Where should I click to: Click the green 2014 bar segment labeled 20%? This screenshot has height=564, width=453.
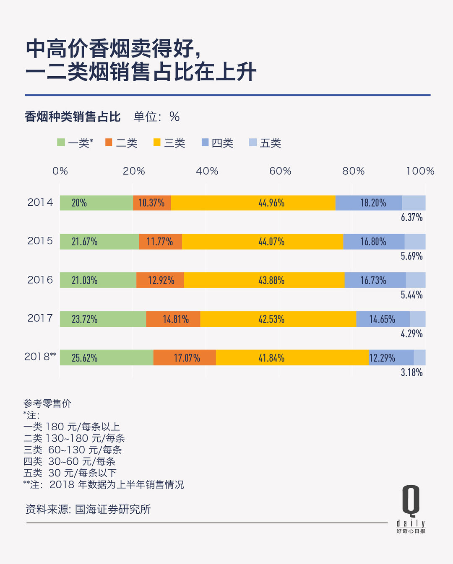point(96,203)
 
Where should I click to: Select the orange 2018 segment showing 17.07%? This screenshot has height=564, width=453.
point(185,358)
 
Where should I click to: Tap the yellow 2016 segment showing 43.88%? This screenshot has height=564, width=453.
point(264,280)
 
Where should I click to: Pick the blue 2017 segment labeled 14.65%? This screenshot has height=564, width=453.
point(383,319)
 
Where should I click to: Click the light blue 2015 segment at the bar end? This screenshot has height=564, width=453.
point(415,242)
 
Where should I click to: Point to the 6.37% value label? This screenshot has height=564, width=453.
point(411,217)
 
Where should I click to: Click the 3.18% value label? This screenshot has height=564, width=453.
point(411,373)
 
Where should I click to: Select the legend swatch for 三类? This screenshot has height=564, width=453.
point(157,143)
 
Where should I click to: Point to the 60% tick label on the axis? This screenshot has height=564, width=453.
point(280,171)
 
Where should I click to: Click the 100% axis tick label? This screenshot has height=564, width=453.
point(420,171)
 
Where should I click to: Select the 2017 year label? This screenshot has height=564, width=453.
point(40,318)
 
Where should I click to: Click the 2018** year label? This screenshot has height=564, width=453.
point(40,357)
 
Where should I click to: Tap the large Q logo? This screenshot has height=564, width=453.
point(411,500)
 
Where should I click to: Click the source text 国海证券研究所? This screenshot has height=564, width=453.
point(113,510)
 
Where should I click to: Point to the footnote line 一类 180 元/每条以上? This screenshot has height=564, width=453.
point(72,427)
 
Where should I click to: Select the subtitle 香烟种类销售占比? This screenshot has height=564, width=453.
point(73,117)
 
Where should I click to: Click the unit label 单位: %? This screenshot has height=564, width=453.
point(156,117)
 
